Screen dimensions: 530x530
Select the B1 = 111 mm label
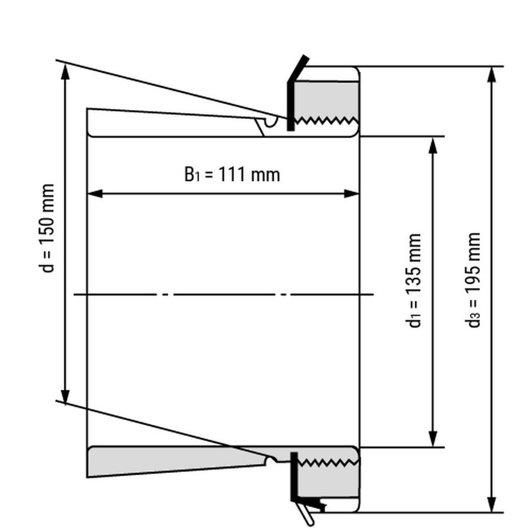click(232, 174)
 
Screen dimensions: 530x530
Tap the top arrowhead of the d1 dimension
click(434, 145)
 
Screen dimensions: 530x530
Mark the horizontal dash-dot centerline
click(224, 293)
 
